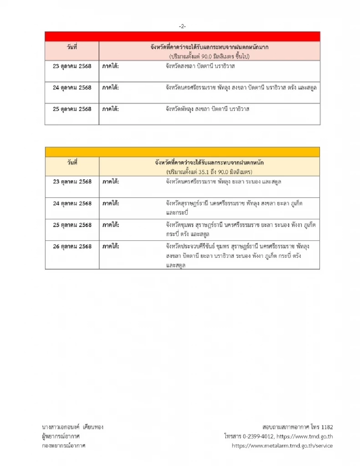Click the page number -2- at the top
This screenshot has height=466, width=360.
[182, 26]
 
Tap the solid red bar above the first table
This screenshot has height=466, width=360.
[182, 36]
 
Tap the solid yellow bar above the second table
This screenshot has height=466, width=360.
[182, 152]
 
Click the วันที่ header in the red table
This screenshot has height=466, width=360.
[72, 47]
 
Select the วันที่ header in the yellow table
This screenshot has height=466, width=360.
[72, 163]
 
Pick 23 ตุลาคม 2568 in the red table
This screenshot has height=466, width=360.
[72, 66]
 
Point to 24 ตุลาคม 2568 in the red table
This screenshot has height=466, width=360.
[72, 88]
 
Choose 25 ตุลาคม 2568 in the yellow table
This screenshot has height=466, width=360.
[72, 225]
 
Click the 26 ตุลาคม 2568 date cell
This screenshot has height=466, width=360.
[72, 247]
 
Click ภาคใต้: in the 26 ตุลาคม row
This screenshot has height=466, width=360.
[111, 247]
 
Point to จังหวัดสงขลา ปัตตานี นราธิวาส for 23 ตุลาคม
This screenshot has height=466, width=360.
[200, 66]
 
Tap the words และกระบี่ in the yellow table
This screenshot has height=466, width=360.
[177, 213]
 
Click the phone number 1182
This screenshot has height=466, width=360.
[327, 427]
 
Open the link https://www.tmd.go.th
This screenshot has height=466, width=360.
[304, 436]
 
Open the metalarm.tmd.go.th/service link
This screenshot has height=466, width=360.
[282, 446]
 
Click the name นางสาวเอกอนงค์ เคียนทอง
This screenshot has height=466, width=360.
[73, 427]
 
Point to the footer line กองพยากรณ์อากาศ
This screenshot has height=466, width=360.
[64, 446]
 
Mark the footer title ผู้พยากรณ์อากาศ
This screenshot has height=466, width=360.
[61, 436]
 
